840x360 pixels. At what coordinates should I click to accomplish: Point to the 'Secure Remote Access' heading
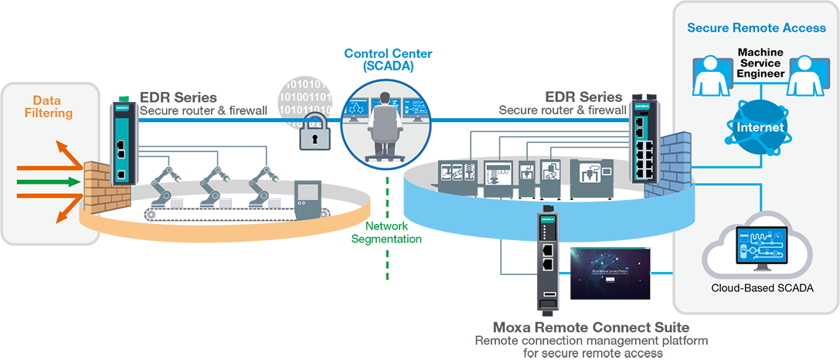pos(757,28)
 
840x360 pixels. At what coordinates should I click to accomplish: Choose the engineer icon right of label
pos(806,75)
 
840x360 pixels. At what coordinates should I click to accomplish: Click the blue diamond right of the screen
pos(661,273)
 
